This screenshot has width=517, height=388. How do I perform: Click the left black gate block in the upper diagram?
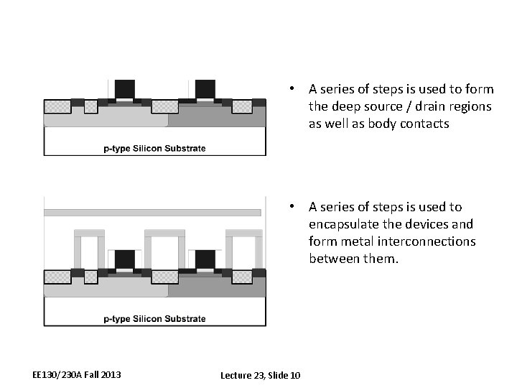pos(125,88)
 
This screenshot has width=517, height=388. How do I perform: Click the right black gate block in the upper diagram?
pos(205,88)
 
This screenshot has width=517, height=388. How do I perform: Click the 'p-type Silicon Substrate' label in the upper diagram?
pos(154,149)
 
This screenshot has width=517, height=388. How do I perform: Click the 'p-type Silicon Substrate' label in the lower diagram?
pos(154,318)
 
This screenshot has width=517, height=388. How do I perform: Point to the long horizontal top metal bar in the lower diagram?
pos(152,213)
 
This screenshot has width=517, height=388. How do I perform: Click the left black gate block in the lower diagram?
pos(125,259)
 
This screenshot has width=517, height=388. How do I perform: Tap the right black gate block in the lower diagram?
pos(205,259)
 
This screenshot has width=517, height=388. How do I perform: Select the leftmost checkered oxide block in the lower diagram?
pos(57,277)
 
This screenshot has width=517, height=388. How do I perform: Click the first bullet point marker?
pos(292,89)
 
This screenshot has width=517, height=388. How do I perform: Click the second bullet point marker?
pos(292,207)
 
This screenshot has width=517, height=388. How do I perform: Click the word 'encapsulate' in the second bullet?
pos(343,224)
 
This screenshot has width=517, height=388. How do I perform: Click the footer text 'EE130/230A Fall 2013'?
pos(77,374)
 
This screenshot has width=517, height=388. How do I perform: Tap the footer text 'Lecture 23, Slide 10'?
pos(261,375)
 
